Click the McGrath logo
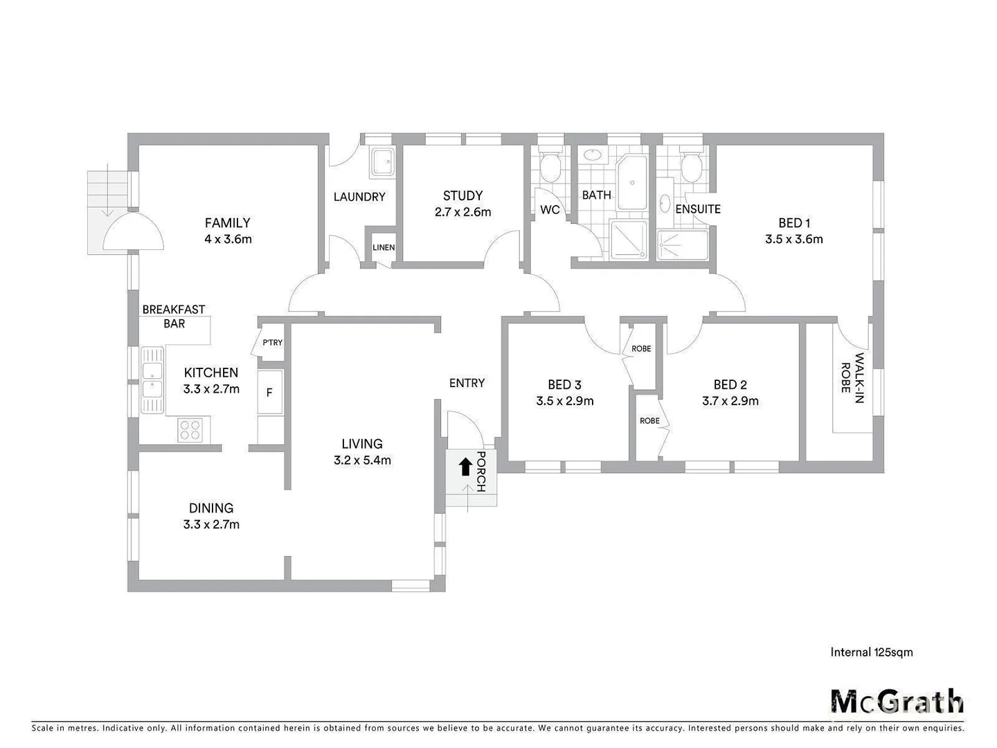pyautogui.click(x=897, y=701)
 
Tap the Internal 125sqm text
pyautogui.click(x=871, y=652)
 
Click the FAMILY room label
pyautogui.click(x=227, y=223)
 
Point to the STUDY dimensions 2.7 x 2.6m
pyautogui.click(x=462, y=212)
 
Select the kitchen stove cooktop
pyautogui.click(x=190, y=431)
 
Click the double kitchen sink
pyautogui.click(x=152, y=380)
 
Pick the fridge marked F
pyautogui.click(x=269, y=393)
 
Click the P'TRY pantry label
pyautogui.click(x=272, y=343)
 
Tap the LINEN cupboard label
pyautogui.click(x=384, y=247)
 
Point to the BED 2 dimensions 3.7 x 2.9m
pyautogui.click(x=730, y=401)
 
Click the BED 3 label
pyautogui.click(x=564, y=384)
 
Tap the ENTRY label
pyautogui.click(x=467, y=383)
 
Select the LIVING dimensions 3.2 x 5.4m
pyautogui.click(x=362, y=460)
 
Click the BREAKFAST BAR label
pyautogui.click(x=174, y=317)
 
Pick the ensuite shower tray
pyautogui.click(x=682, y=245)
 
